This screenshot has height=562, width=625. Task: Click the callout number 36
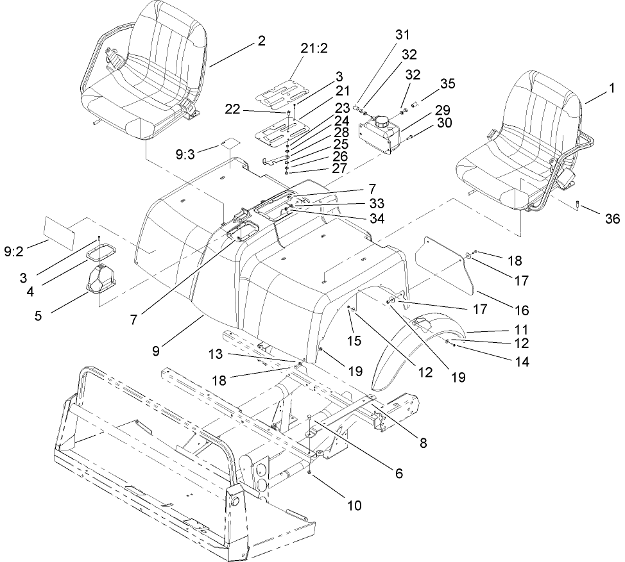[612, 219]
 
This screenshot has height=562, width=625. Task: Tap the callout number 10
[354, 506]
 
